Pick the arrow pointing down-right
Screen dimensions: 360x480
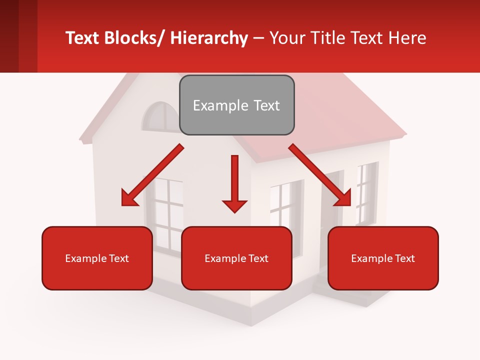tap(320, 175)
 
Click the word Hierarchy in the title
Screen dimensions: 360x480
tap(209, 38)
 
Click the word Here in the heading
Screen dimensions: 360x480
tap(408, 38)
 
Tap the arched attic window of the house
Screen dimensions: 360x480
tap(160, 118)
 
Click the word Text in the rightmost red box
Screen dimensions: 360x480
tap(404, 258)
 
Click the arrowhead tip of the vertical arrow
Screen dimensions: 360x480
tap(234, 211)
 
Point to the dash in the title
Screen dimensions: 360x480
tap(259, 38)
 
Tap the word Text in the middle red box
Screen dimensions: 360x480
tap(258, 258)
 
